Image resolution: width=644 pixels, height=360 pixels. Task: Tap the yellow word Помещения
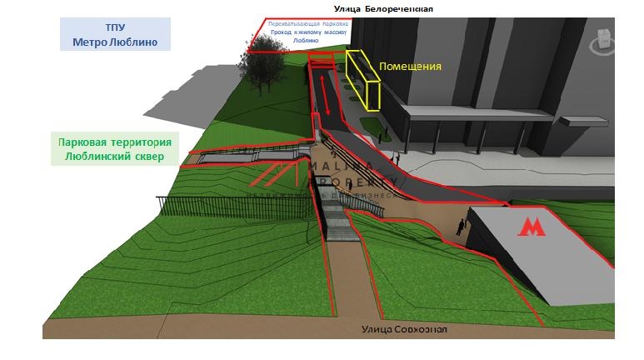(410, 66)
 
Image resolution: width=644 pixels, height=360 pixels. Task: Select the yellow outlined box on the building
(364, 81)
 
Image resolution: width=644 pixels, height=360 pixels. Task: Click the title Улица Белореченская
(383, 8)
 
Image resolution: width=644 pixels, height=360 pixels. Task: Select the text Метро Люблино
(115, 41)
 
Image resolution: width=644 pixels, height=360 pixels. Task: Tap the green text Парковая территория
(115, 142)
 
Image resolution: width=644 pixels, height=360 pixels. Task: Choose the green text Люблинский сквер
(115, 156)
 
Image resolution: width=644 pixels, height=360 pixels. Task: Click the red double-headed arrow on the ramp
(327, 97)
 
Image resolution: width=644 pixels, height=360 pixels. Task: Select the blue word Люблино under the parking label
(307, 40)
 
